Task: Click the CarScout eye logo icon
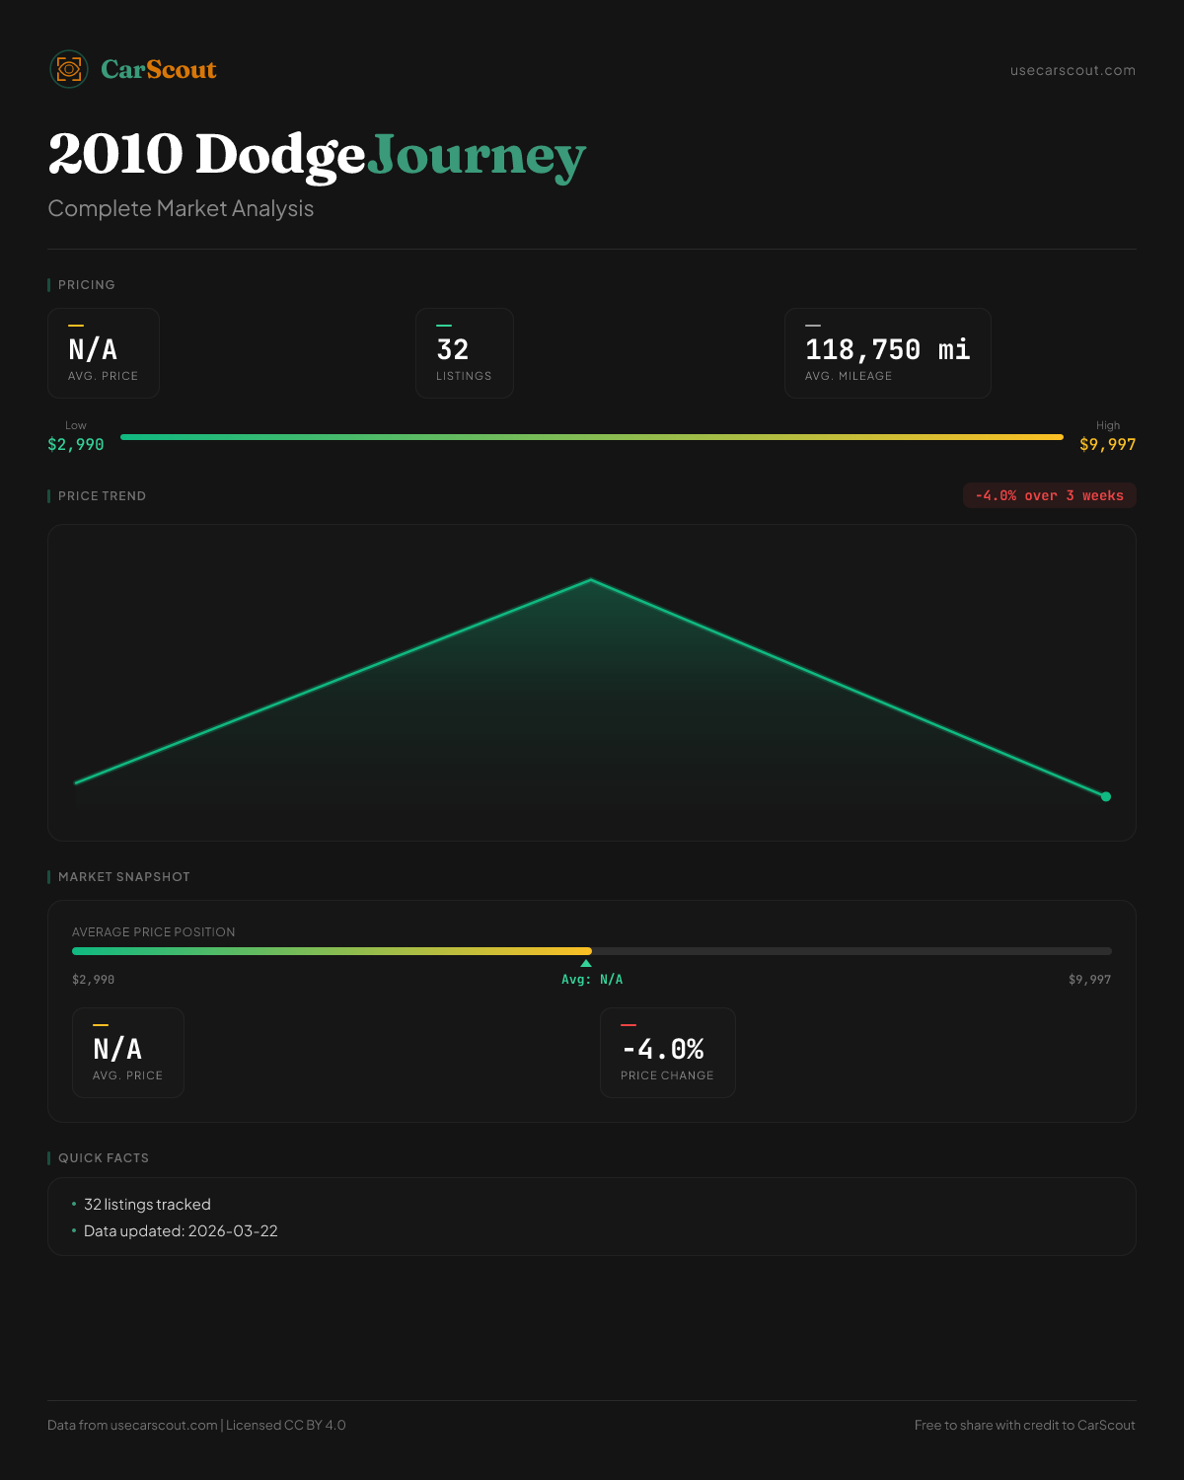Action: (x=69, y=69)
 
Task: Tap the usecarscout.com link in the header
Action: (x=1073, y=70)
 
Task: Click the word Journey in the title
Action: (x=476, y=156)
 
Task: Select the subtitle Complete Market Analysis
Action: (x=181, y=209)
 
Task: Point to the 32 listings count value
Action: (x=453, y=350)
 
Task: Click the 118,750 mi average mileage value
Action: (x=887, y=350)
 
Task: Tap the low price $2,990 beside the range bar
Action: (x=76, y=445)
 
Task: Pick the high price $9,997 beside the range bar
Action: (x=1107, y=445)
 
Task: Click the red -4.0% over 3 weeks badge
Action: (x=1049, y=495)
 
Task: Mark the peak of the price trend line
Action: (x=591, y=580)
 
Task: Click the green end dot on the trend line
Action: (x=1106, y=796)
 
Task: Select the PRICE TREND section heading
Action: (x=102, y=496)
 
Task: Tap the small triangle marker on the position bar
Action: (x=586, y=963)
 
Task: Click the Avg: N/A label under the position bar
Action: (x=592, y=980)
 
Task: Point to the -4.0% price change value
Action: (x=663, y=1049)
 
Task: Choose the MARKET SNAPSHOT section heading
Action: (x=123, y=877)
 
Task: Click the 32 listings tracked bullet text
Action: (x=147, y=1205)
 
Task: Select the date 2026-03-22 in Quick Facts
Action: (x=233, y=1231)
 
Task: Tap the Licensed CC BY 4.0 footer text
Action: (x=286, y=1426)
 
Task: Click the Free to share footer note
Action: (x=1024, y=1426)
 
